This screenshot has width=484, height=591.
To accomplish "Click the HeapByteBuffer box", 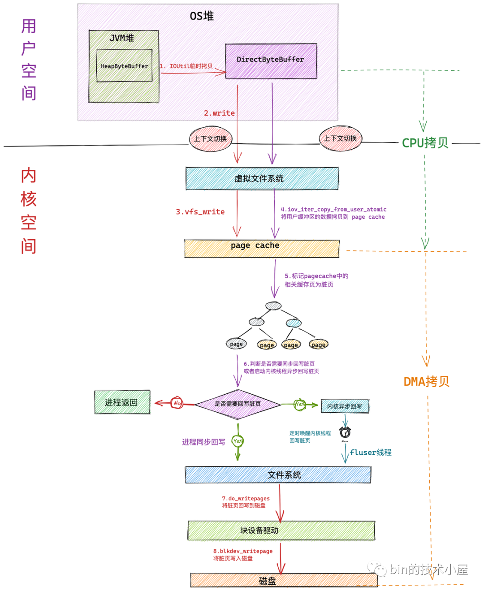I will [124, 66].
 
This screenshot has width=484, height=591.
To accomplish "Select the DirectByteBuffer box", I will [271, 60].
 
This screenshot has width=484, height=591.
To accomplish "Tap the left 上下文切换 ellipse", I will [211, 138].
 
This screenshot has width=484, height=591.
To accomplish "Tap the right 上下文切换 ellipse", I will [340, 138].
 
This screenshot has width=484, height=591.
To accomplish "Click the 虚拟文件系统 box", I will [262, 178].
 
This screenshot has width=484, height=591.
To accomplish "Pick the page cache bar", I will [262, 248].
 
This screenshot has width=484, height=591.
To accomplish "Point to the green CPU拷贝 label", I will [425, 143].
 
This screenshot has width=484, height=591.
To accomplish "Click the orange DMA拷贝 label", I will [426, 381].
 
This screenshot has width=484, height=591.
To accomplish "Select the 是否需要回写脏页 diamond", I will [238, 404].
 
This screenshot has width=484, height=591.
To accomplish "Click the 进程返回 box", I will [122, 402].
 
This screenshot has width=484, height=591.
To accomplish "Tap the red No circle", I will [177, 403].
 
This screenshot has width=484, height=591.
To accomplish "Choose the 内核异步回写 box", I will [345, 406].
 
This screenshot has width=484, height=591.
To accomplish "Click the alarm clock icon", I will [345, 432].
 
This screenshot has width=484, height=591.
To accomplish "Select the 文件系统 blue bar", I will [278, 475].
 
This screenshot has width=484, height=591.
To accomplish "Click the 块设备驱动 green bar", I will [281, 530].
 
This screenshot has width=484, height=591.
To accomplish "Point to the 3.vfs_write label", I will [200, 211].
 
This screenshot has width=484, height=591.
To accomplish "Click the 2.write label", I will [219, 113].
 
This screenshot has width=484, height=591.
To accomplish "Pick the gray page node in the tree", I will [236, 344].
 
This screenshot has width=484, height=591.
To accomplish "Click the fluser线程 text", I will [371, 452].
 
